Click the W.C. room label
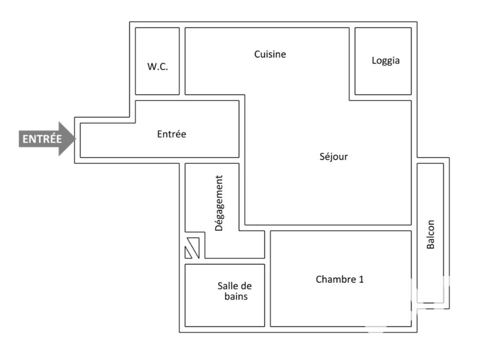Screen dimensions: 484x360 click(x=157, y=66)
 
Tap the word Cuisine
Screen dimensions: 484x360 click(x=270, y=55)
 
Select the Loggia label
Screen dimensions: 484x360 click(x=386, y=61)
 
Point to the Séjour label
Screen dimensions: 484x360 click(x=333, y=157)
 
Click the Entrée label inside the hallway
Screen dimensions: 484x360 click(x=171, y=134)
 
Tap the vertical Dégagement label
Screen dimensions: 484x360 click(x=219, y=203)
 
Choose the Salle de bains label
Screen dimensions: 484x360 click(x=235, y=291)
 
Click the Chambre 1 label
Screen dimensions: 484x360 click(x=339, y=280)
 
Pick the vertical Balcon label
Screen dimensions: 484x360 click(x=430, y=234)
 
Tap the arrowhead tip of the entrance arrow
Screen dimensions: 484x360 click(x=75, y=139)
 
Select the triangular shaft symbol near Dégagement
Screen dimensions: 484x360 click(x=192, y=248)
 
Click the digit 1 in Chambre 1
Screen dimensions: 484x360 click(x=361, y=280)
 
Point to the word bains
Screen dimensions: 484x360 click(x=236, y=296)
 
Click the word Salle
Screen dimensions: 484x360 click(x=226, y=286)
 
